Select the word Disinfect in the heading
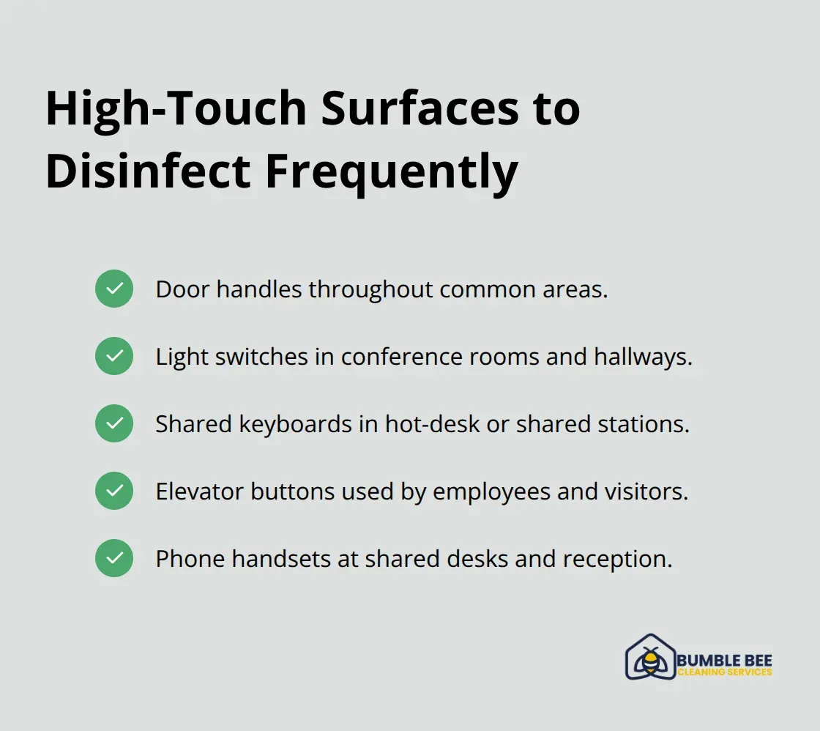[146, 173]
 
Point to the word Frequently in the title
[391, 173]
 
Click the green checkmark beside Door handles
[114, 289]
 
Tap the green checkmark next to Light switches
[114, 356]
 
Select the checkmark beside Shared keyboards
[114, 423]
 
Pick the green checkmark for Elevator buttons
[114, 491]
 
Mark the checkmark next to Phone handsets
[114, 558]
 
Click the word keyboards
[291, 424]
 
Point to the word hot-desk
[431, 424]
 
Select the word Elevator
[200, 491]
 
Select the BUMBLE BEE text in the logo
[725, 661]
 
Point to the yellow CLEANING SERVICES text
[725, 672]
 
